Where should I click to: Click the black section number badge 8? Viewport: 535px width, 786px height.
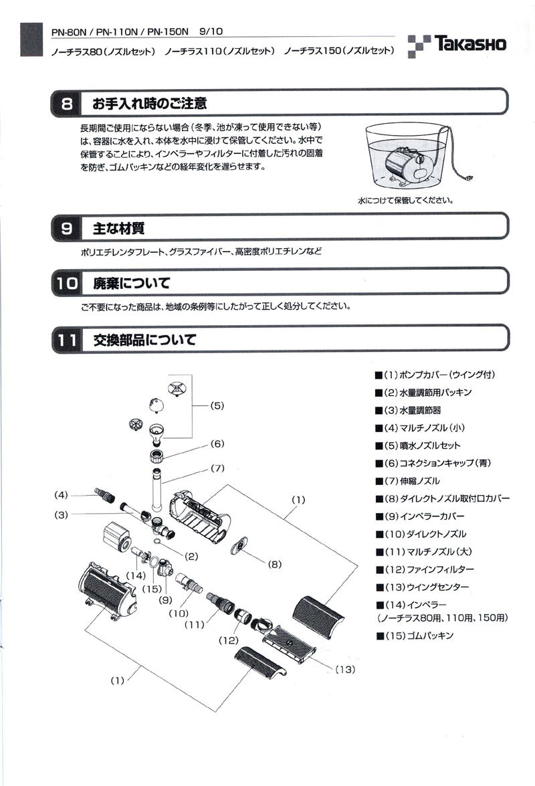[67, 104]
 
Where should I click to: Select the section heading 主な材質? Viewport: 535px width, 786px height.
[118, 229]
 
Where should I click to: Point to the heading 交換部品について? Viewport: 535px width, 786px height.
[144, 340]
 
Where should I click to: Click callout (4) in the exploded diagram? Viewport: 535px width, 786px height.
[62, 495]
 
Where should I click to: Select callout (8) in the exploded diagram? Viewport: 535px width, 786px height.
[274, 563]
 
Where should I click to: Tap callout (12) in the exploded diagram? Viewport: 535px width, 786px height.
[229, 640]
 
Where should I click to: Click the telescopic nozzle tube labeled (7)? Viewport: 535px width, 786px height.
[157, 490]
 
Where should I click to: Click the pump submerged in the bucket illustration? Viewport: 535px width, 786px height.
[408, 162]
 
